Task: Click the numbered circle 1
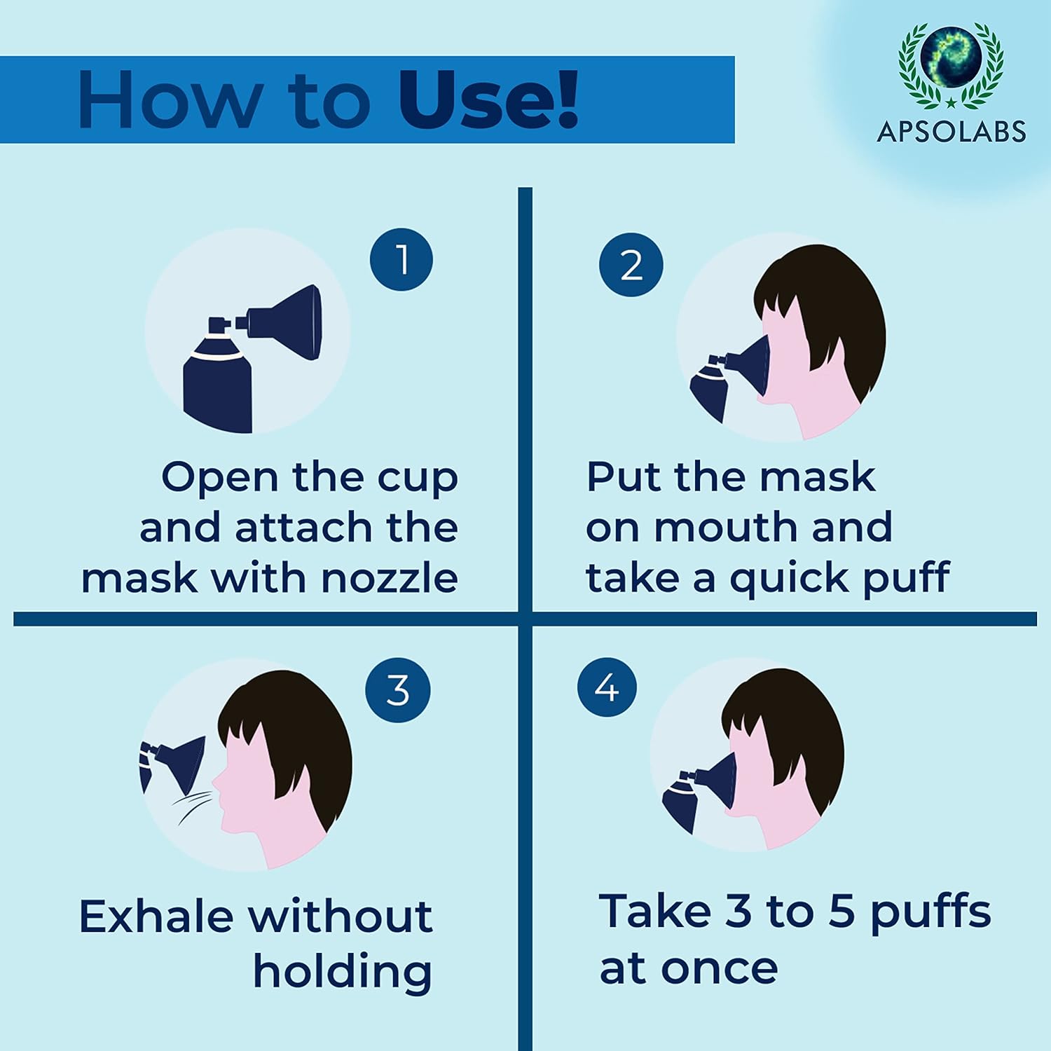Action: click(401, 259)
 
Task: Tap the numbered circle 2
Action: click(631, 265)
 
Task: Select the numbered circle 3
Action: click(397, 690)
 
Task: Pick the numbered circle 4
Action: click(607, 687)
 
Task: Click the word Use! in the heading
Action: click(488, 100)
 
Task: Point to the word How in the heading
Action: click(168, 100)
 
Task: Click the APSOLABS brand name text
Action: click(951, 132)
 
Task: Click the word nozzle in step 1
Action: click(390, 579)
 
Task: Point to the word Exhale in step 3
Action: click(156, 916)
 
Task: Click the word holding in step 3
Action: click(342, 972)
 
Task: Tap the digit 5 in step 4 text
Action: click(842, 911)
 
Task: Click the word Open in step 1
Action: click(220, 478)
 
